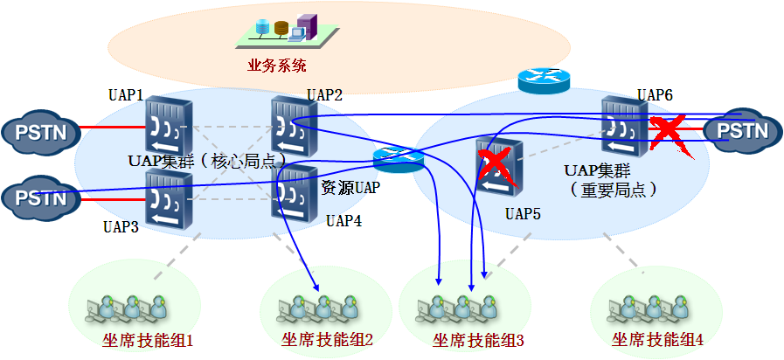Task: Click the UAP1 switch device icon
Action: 168,126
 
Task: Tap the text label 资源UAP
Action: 350,187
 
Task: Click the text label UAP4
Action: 343,220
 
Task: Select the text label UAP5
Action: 522,212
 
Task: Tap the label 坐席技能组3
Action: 478,341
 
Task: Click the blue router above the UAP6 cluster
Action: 543,80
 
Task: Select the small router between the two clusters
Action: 398,159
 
